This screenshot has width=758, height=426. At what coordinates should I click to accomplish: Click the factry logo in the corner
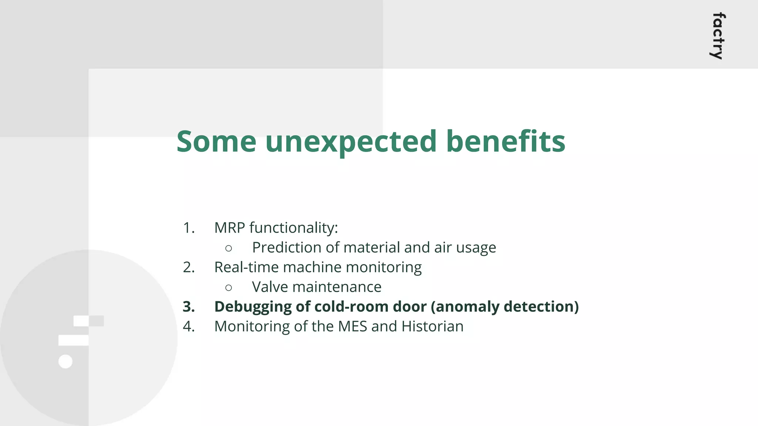(x=718, y=36)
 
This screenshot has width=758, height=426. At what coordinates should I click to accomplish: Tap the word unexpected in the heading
(x=351, y=142)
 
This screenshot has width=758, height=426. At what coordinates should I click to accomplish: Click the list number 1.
(x=189, y=228)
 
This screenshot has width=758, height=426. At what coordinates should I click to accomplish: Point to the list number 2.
(x=189, y=267)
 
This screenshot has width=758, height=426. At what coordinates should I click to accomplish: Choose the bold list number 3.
(x=189, y=307)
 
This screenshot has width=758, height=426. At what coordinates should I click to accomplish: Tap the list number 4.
(x=189, y=327)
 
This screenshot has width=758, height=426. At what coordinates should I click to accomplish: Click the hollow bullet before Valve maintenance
(x=228, y=287)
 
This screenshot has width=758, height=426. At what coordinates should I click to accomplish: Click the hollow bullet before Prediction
(x=228, y=248)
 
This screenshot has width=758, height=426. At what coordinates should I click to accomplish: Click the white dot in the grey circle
(x=66, y=361)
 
